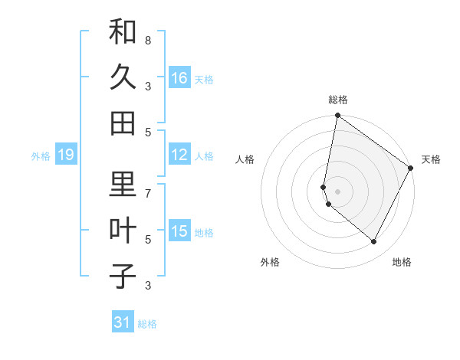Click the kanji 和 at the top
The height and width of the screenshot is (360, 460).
pyautogui.click(x=123, y=32)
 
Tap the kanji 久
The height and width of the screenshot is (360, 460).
pyautogui.click(x=123, y=77)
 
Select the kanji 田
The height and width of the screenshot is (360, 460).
pyautogui.click(x=123, y=123)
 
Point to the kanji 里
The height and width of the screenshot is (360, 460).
pyautogui.click(x=123, y=185)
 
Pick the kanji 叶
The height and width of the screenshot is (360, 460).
pyautogui.click(x=123, y=231)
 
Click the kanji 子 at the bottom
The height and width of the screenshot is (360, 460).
pyautogui.click(x=123, y=276)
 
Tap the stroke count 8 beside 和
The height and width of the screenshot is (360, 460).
pyautogui.click(x=148, y=40)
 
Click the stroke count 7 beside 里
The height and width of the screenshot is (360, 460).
pyautogui.click(x=148, y=193)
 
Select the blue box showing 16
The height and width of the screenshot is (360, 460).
pyautogui.click(x=179, y=78)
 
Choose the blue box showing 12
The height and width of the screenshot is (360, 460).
pyautogui.click(x=179, y=155)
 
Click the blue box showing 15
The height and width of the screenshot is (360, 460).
pyautogui.click(x=179, y=231)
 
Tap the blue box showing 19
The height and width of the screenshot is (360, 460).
pyautogui.click(x=66, y=155)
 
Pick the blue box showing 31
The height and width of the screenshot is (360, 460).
pyautogui.click(x=123, y=322)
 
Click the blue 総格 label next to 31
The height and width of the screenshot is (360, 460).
pyautogui.click(x=147, y=324)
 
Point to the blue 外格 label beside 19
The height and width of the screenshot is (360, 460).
pyautogui.click(x=41, y=156)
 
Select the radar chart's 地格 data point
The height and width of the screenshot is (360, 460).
pyautogui.click(x=374, y=242)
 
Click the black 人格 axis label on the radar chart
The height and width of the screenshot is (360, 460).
pyautogui.click(x=245, y=159)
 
